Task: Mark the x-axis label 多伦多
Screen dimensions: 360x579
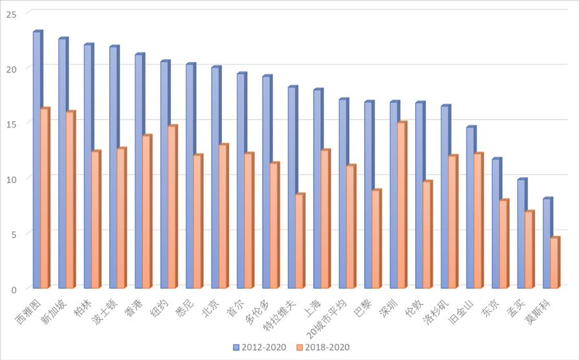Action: (258, 309)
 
